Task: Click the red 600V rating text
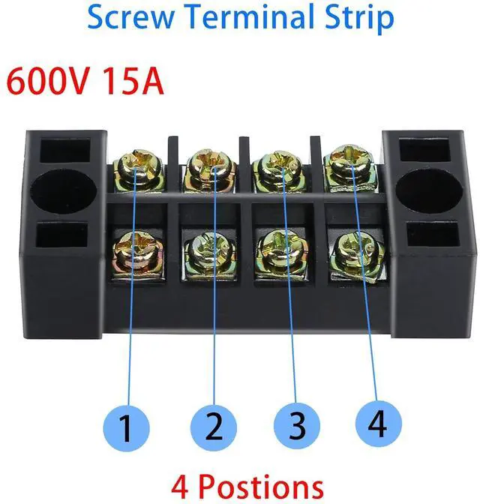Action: [49, 82]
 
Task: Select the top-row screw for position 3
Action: [275, 166]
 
